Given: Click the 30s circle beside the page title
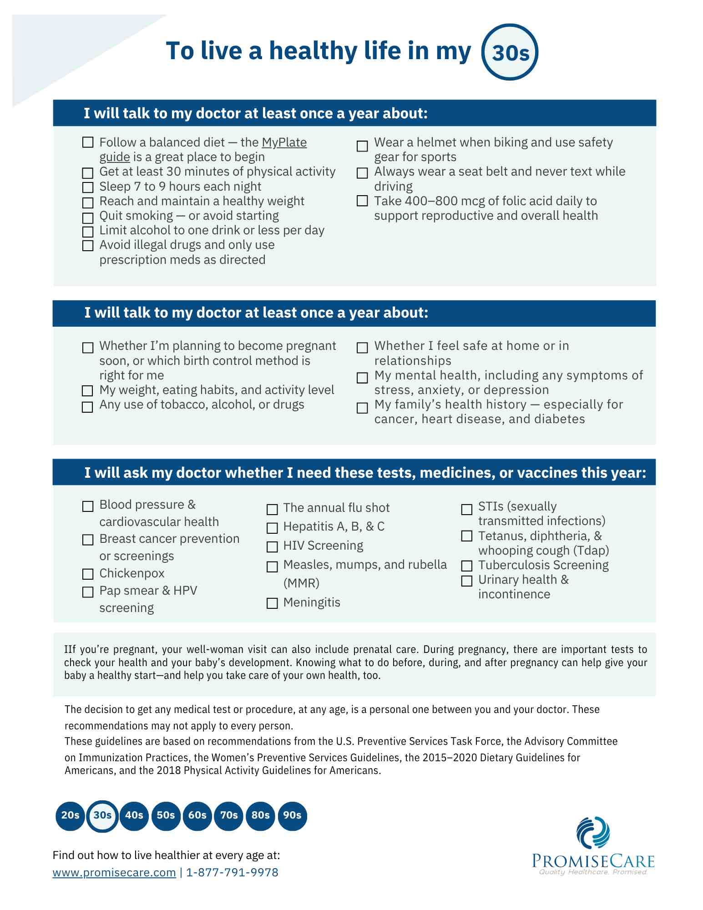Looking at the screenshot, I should [510, 52].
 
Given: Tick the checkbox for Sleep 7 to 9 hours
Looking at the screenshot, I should [88, 187].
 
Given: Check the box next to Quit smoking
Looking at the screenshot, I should [88, 217].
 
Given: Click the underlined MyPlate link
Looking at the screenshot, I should [284, 143].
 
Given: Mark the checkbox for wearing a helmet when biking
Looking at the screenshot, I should [362, 146].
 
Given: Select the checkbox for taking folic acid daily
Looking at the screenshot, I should [362, 201].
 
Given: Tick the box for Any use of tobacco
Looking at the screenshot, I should [87, 407].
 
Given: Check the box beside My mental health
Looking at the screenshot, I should [362, 378].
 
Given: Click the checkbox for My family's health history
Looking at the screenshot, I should [362, 408].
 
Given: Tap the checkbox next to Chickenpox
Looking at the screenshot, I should [88, 574].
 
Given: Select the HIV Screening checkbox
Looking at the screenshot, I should [272, 546].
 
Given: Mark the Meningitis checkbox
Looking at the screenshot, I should [272, 603].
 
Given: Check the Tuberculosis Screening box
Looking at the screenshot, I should [467, 566].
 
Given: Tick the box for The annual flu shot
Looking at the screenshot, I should [272, 509].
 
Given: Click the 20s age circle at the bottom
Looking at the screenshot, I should [70, 815].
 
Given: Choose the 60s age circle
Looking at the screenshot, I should [197, 815].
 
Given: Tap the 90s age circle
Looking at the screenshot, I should [292, 815].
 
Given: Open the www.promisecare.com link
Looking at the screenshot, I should [114, 873].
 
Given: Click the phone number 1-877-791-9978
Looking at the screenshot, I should [232, 873].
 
